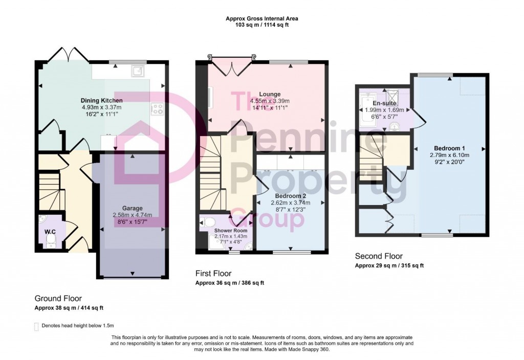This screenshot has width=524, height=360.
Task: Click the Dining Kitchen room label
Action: click(x=101, y=100)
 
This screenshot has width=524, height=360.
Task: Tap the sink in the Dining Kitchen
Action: click(x=137, y=71)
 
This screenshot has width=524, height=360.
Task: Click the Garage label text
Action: click(x=133, y=209)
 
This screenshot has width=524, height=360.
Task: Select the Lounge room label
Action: click(x=269, y=94)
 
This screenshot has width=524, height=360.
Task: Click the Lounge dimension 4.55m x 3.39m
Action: click(x=269, y=101)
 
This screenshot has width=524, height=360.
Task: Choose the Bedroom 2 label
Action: click(x=290, y=196)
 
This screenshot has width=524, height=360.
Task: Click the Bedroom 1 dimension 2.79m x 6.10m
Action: click(x=449, y=154)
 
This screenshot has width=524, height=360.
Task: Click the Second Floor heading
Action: click(x=379, y=256)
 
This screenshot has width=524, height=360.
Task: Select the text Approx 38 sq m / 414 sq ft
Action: click(x=69, y=308)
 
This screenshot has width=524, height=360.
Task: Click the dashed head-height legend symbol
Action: click(x=36, y=326)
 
